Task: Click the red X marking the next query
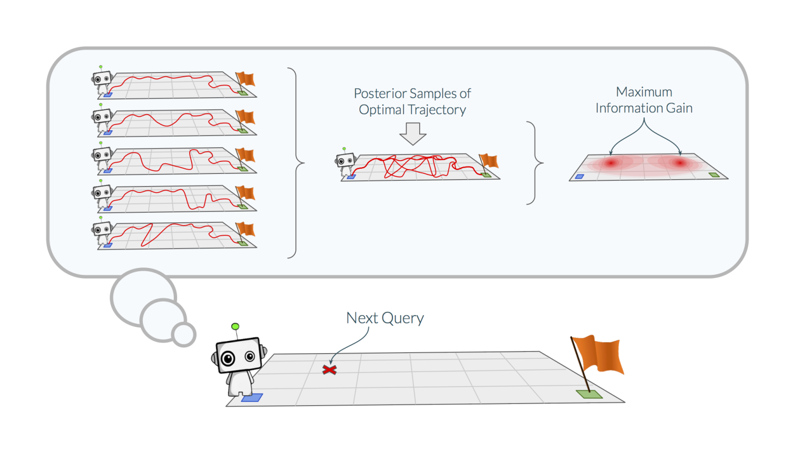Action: coord(329,370)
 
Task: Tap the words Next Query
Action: coord(385,318)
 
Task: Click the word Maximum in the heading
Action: coord(644,92)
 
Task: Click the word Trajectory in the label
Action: coord(437,110)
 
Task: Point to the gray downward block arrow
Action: coord(413,133)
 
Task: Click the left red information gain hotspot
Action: coord(611,163)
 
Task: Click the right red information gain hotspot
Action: coord(680,163)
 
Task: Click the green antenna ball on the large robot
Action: coord(235,327)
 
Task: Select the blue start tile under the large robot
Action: coord(252,398)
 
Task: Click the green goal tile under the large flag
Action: coord(589,394)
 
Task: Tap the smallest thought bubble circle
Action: coord(184,335)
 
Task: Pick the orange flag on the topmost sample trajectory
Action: coord(246,79)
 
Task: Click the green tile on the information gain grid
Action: coord(714,175)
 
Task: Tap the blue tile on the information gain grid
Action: coord(580,177)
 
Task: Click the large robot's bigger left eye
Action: coord(228,359)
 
